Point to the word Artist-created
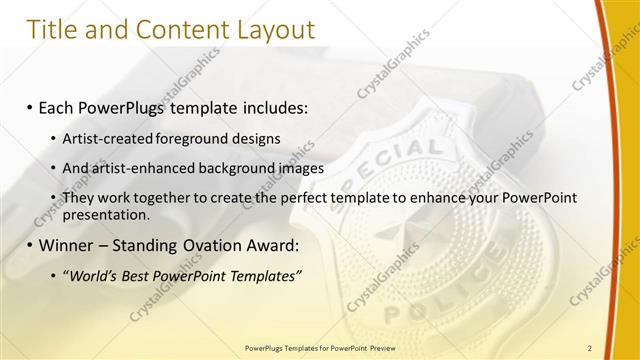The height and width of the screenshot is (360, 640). [x=105, y=137]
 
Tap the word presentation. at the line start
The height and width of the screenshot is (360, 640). [x=106, y=214]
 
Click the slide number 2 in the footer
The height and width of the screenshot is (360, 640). [x=590, y=347]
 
